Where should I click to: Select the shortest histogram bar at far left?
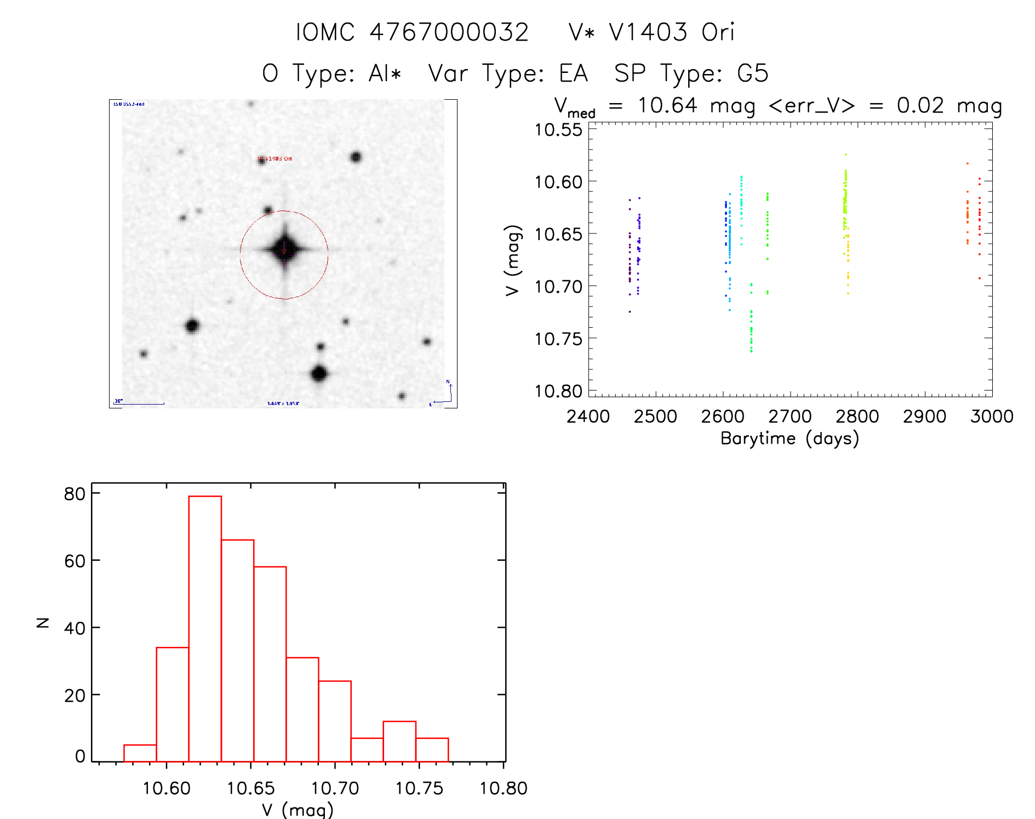pyautogui.click(x=140, y=753)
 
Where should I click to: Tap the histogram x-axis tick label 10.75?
pyautogui.click(x=419, y=788)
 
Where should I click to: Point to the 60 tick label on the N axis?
pyautogui.click(x=75, y=561)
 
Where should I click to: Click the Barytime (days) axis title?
pyautogui.click(x=790, y=439)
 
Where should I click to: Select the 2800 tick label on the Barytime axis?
pyautogui.click(x=857, y=417)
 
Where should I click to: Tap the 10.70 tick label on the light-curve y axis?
pyautogui.click(x=558, y=286)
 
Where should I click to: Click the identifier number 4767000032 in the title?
pyautogui.click(x=449, y=32)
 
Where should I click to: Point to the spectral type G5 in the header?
pyautogui.click(x=753, y=73)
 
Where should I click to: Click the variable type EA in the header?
pyautogui.click(x=573, y=73)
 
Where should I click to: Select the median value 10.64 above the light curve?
pyautogui.click(x=667, y=105)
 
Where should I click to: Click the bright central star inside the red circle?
pyautogui.click(x=284, y=249)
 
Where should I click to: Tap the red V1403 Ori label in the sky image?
pyautogui.click(x=276, y=159)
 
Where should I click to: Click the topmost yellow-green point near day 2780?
pyautogui.click(x=845, y=155)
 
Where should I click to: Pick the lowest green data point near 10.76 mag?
pyautogui.click(x=751, y=351)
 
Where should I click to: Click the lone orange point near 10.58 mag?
pyautogui.click(x=968, y=163)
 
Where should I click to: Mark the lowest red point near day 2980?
pyautogui.click(x=980, y=278)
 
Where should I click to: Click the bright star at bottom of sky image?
pyautogui.click(x=319, y=374)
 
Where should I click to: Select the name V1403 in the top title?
pyautogui.click(x=648, y=32)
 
